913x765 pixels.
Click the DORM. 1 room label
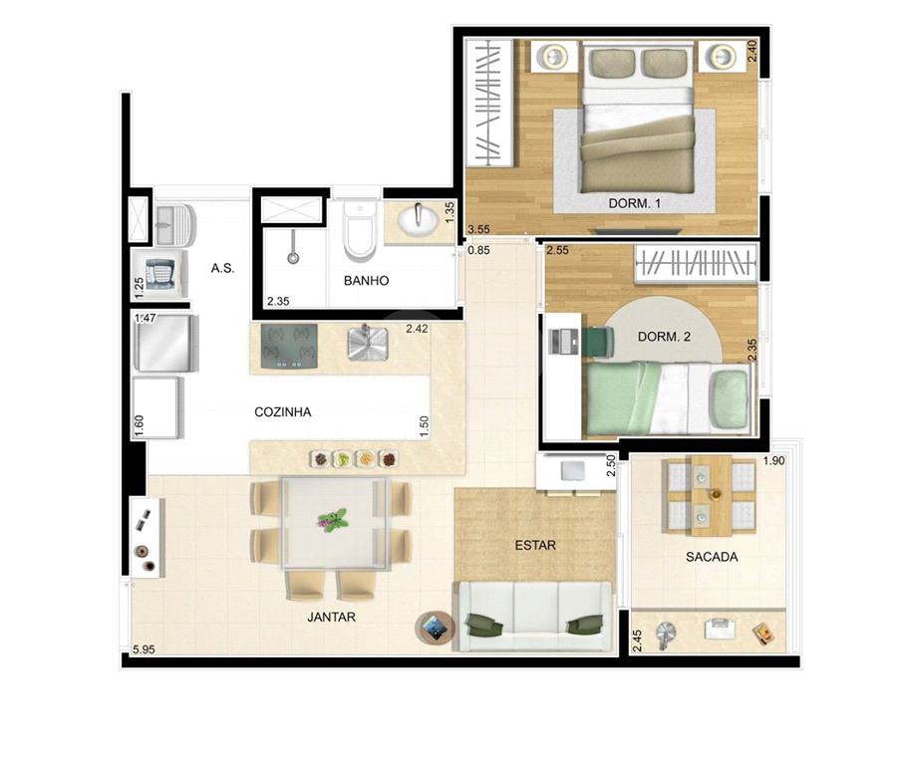634,203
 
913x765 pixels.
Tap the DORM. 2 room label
664,337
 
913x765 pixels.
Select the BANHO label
366,281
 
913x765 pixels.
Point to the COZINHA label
283,411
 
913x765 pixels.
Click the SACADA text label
712,557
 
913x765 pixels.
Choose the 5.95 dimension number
144,649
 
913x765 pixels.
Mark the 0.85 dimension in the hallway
478,251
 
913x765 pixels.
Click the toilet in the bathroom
359,231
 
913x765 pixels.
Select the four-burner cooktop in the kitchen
289,347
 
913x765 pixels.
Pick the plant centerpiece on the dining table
333,520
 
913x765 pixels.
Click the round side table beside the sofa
434,628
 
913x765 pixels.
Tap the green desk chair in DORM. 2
597,341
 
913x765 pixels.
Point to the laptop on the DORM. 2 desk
562,341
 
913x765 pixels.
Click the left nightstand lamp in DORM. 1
553,57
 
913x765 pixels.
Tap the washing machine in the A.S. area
159,272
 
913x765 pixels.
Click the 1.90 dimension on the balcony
773,461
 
